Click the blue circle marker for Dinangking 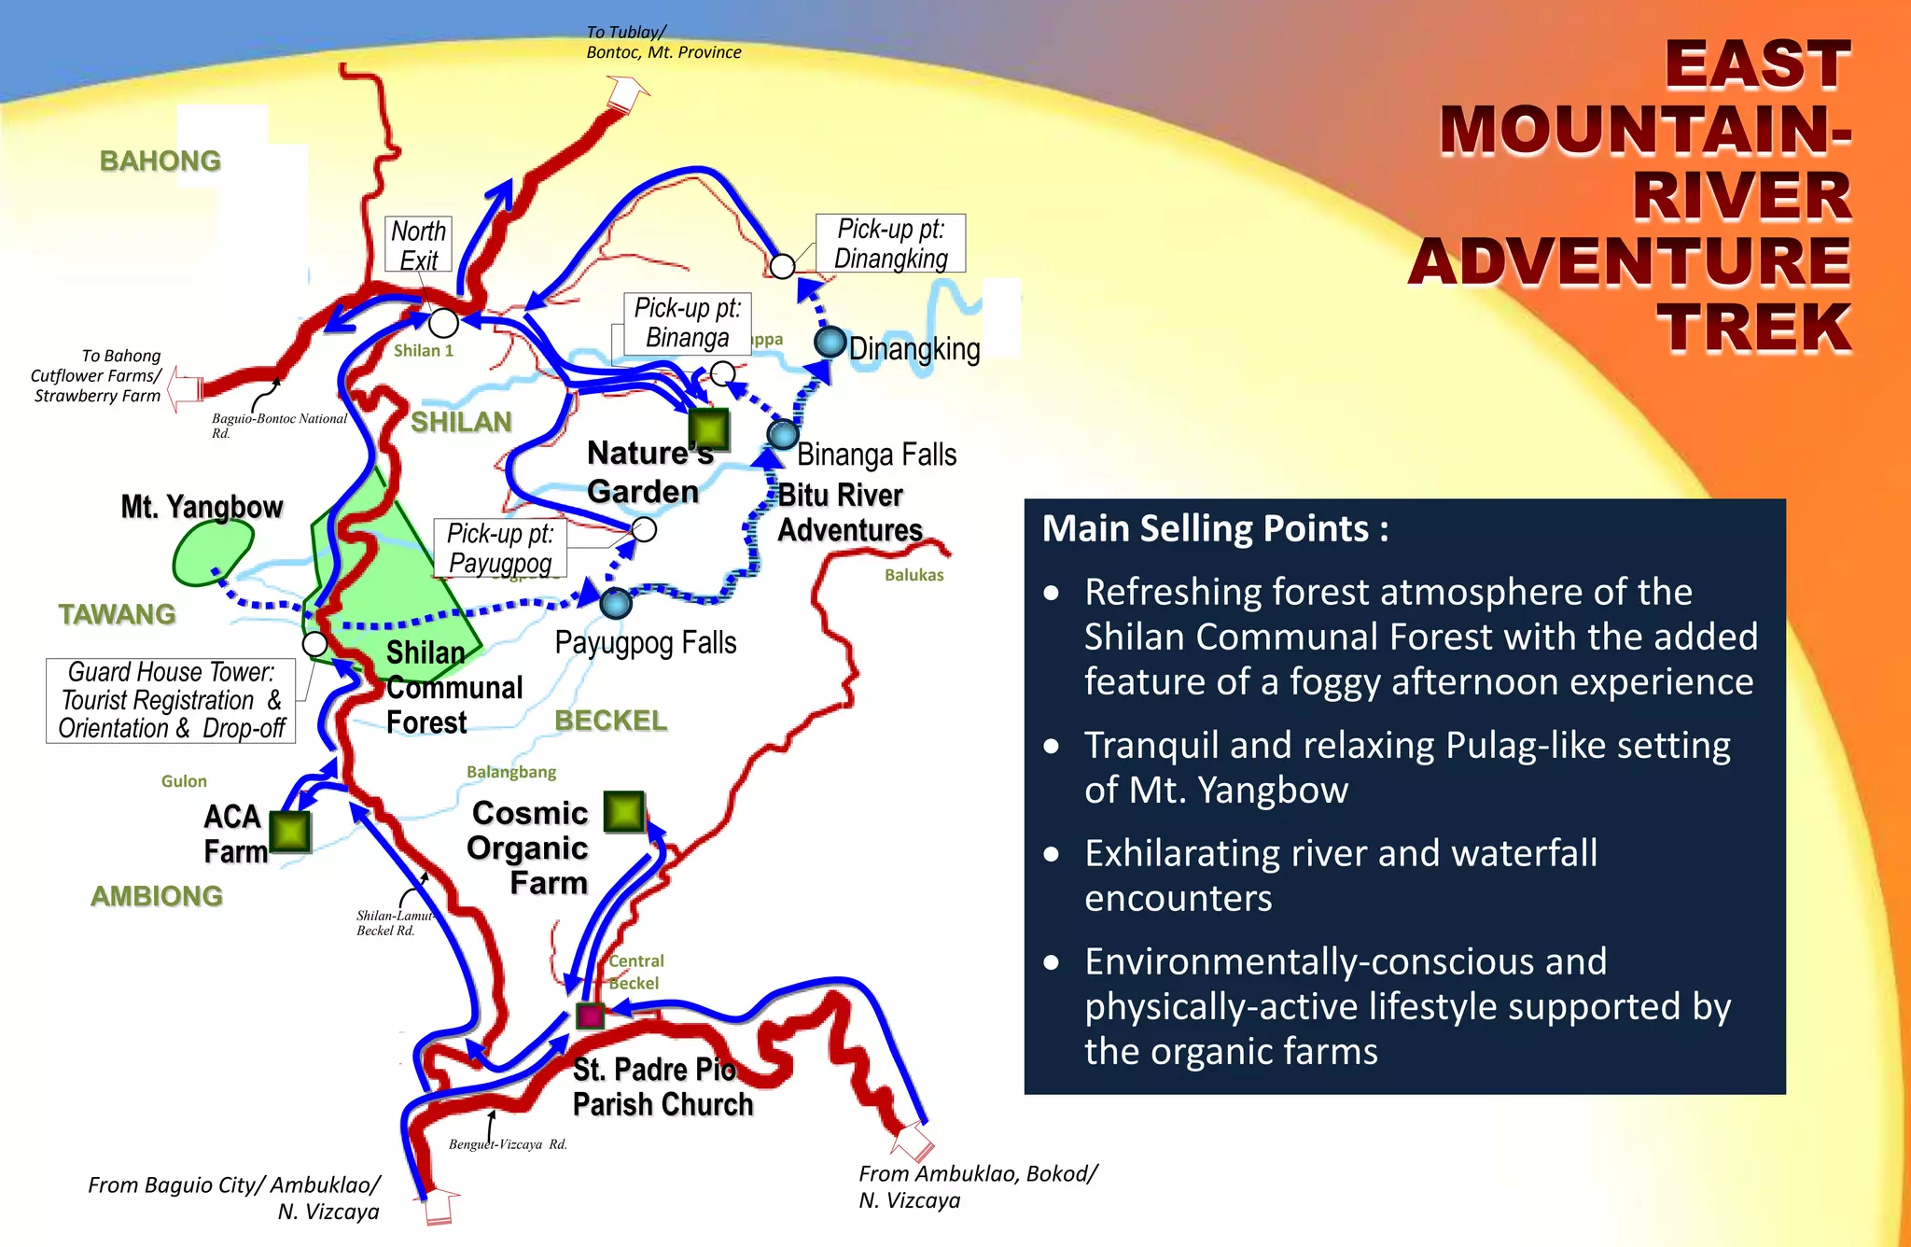[x=830, y=343]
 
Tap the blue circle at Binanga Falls [x=783, y=434]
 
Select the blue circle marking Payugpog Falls [x=616, y=604]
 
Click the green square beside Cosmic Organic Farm [x=624, y=811]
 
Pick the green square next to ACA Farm [x=290, y=831]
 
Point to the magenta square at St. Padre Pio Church [x=590, y=1015]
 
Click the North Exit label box [x=419, y=245]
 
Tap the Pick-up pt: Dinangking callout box [x=890, y=244]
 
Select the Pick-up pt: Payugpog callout [x=500, y=548]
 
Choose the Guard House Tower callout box [x=172, y=700]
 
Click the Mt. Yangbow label [x=202, y=507]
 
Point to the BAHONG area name [x=160, y=161]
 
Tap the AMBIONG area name [x=157, y=896]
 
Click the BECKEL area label [x=611, y=721]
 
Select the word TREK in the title [x=1754, y=328]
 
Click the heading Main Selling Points [x=1215, y=528]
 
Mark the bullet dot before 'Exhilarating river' [x=1052, y=854]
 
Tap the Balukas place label [x=914, y=575]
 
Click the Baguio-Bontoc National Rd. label [x=278, y=425]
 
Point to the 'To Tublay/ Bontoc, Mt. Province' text [x=663, y=43]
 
